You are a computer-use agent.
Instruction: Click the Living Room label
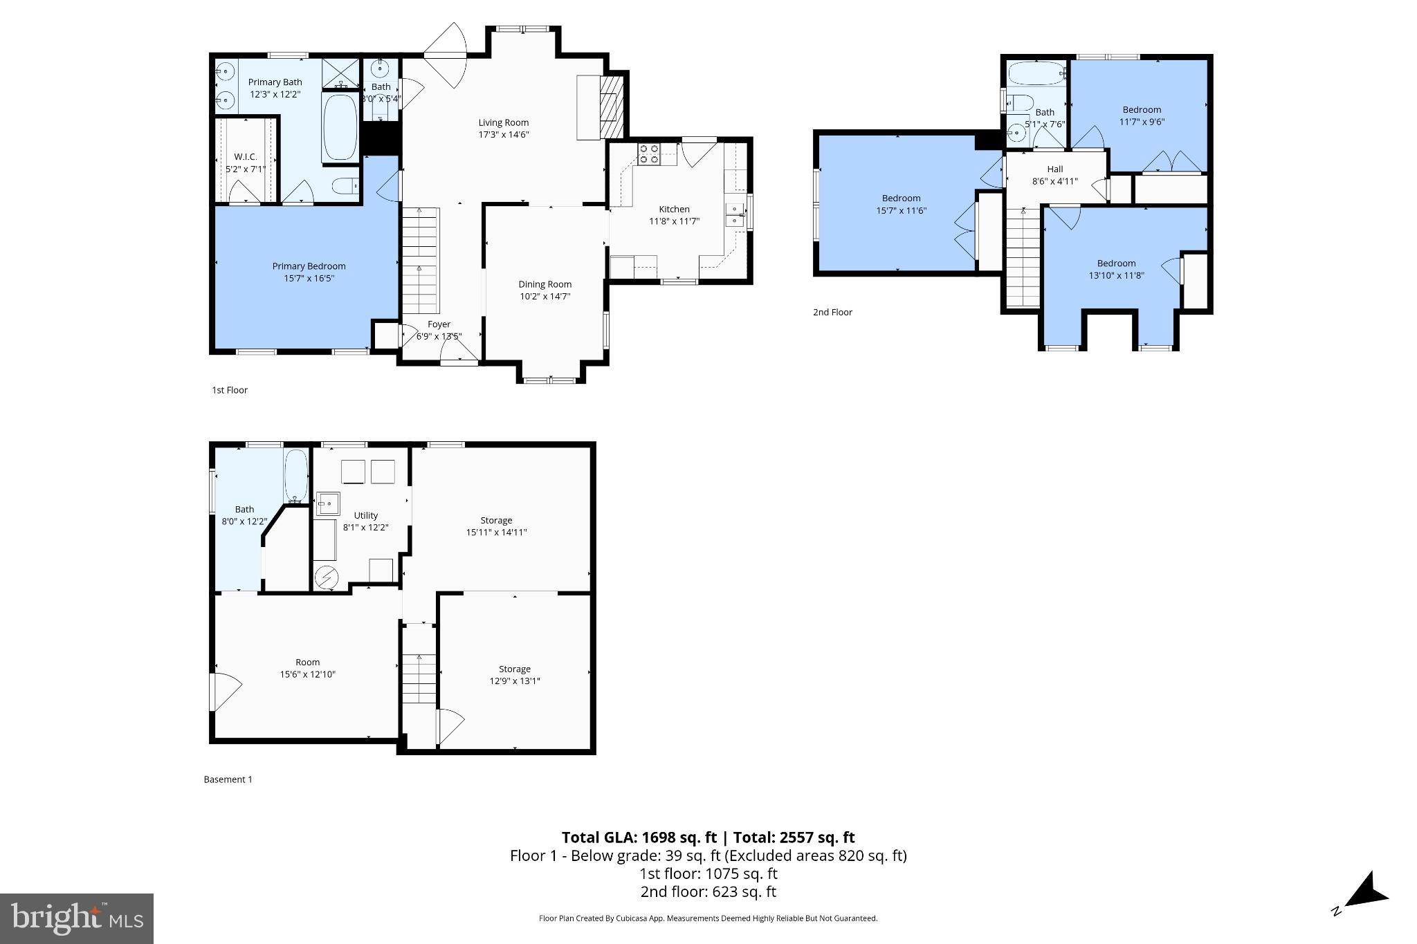(x=503, y=122)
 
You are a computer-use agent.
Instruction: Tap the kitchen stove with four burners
(x=648, y=154)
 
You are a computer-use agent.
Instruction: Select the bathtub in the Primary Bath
(x=340, y=127)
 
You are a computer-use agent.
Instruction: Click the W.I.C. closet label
(x=245, y=157)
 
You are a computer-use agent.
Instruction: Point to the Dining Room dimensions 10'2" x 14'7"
(x=545, y=297)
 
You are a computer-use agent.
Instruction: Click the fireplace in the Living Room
(x=608, y=107)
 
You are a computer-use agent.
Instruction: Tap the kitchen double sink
(x=733, y=215)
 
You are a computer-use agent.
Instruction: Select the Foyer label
(x=439, y=324)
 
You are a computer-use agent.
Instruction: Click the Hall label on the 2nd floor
(x=1054, y=169)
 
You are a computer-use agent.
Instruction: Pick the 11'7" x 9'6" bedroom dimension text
(x=1142, y=122)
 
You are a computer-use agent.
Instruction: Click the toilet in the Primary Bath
(x=345, y=185)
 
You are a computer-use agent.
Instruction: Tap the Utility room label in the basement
(x=365, y=515)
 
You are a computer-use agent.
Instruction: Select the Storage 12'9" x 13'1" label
(x=514, y=675)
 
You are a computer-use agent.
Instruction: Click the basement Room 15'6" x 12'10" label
(x=307, y=668)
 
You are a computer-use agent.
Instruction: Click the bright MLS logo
(x=76, y=918)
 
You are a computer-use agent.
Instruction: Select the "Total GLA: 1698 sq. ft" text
(x=639, y=837)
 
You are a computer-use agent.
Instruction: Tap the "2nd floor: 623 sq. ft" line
(x=708, y=892)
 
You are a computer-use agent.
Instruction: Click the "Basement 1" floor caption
(x=228, y=779)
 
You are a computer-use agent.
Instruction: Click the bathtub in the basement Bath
(x=296, y=475)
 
